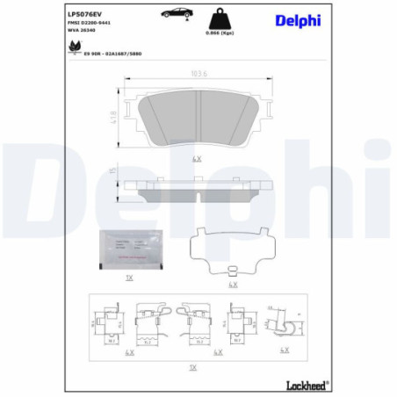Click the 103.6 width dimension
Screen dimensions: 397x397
198,74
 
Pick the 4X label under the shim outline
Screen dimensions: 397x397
232,285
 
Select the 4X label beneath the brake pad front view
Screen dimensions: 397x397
198,158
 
